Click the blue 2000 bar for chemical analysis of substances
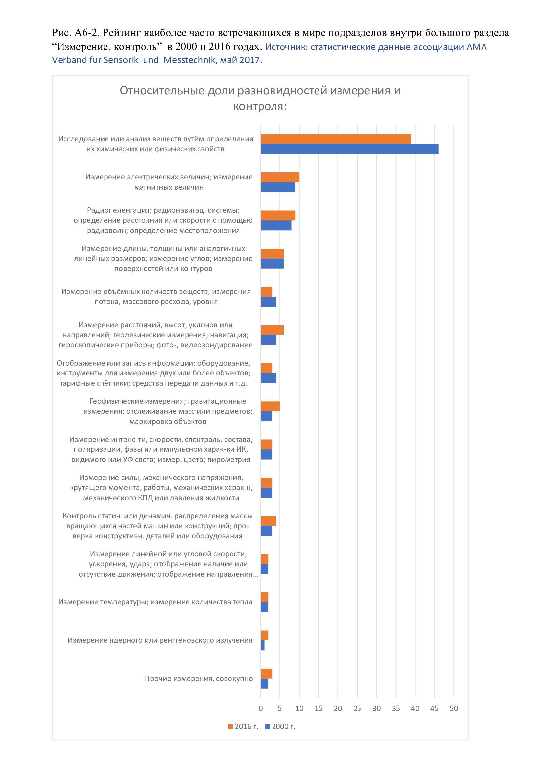click(349, 149)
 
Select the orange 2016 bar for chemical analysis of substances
click(336, 139)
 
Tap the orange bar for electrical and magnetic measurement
click(280, 177)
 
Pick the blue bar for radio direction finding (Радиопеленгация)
click(276, 225)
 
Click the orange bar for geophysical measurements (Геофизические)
click(270, 406)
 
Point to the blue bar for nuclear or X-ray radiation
click(262, 645)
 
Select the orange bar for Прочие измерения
click(266, 674)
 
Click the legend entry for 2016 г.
click(243, 726)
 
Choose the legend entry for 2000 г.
click(280, 726)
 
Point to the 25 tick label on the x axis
click(357, 708)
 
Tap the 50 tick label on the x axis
click(454, 708)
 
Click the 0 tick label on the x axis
click(260, 708)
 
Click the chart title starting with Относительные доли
click(260, 98)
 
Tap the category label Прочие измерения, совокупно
click(199, 679)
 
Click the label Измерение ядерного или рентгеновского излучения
click(160, 640)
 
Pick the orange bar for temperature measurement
click(265, 597)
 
